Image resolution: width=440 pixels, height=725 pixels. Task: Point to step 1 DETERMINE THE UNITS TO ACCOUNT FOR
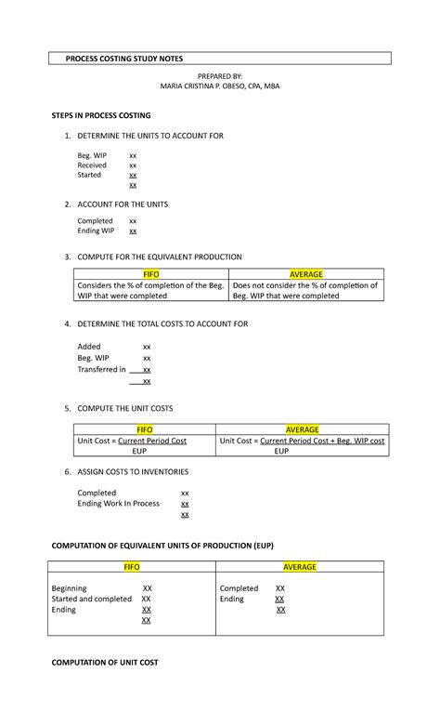pyautogui.click(x=150, y=136)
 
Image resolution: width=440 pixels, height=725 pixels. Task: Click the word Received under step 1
pyautogui.click(x=92, y=165)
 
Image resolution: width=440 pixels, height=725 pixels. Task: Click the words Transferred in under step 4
pyautogui.click(x=101, y=369)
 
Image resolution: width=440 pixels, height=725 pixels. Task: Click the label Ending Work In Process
pyautogui.click(x=118, y=504)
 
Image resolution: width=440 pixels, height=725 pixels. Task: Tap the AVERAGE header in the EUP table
pyautogui.click(x=300, y=567)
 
